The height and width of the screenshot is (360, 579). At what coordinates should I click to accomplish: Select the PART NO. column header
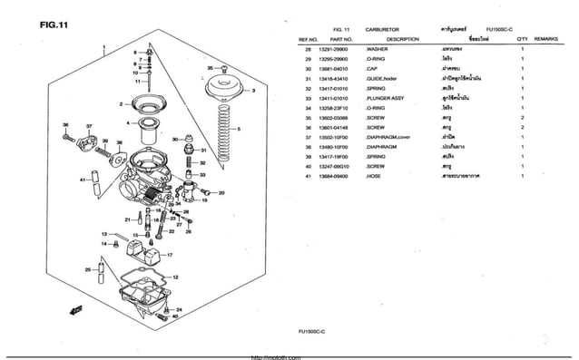point(340,40)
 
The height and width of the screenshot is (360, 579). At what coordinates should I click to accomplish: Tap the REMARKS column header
point(546,40)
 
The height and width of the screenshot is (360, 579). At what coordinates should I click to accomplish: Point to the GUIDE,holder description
point(384,79)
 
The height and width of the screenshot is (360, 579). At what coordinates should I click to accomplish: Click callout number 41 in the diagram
point(83,180)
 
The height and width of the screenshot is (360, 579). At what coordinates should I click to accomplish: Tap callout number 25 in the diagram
point(88,269)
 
